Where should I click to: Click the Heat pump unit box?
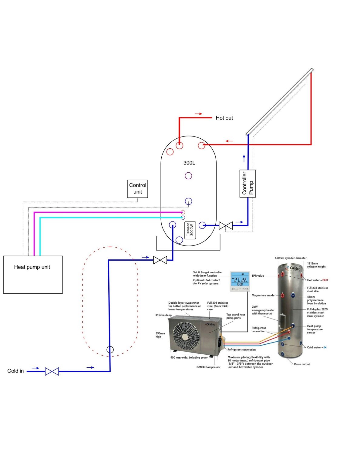pyautogui.click(x=33, y=275)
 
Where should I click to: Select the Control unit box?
pyautogui.click(x=138, y=189)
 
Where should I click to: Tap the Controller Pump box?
pyautogui.click(x=247, y=184)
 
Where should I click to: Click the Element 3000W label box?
pyautogui.click(x=190, y=230)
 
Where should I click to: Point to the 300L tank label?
pyautogui.click(x=189, y=163)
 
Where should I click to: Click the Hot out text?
pyautogui.click(x=224, y=118)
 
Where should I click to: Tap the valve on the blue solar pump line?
pyautogui.click(x=226, y=225)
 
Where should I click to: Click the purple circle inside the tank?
pyautogui.click(x=188, y=176)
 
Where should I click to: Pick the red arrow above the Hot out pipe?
pyautogui.click(x=198, y=114)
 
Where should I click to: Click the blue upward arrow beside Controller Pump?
pyautogui.click(x=244, y=159)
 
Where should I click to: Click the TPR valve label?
pyautogui.click(x=258, y=276)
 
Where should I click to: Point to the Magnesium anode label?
pyautogui.click(x=263, y=295)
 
